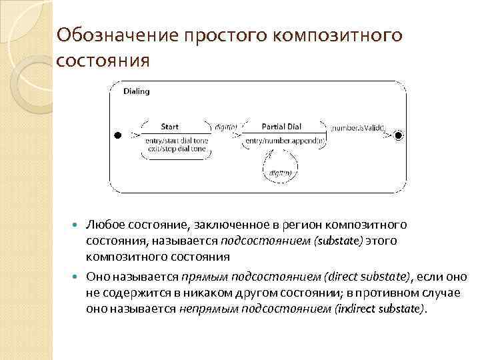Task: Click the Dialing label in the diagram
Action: point(137,91)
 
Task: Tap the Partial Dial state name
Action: point(281,126)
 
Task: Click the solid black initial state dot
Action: point(116,135)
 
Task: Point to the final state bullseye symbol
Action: point(399,135)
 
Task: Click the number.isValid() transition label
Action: point(358,126)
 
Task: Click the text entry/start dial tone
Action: point(175,141)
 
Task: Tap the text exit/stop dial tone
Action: point(175,150)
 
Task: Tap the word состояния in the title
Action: point(103,61)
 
